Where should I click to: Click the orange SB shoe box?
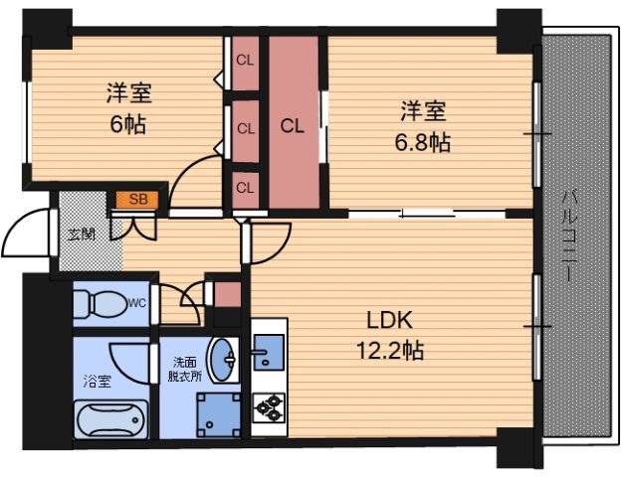pyautogui.click(x=136, y=200)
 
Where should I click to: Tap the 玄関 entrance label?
pyautogui.click(x=81, y=236)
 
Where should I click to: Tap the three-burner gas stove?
pyautogui.click(x=268, y=407)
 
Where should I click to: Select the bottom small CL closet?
pyautogui.click(x=245, y=187)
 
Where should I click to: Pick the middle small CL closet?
pyautogui.click(x=245, y=127)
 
